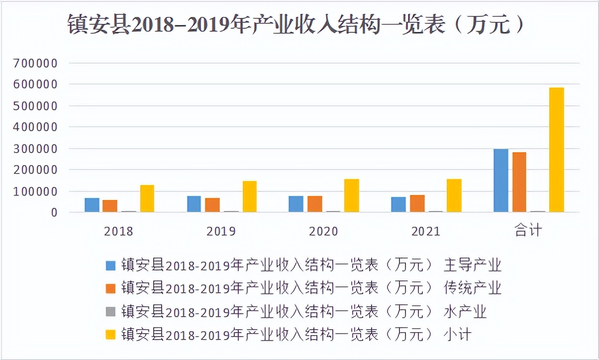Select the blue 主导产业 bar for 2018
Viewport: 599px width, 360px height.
point(92,205)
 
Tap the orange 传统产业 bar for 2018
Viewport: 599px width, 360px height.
point(110,206)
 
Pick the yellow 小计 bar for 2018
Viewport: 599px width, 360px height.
point(147,198)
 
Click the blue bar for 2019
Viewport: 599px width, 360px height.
point(194,204)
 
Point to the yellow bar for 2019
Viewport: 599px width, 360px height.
point(249,196)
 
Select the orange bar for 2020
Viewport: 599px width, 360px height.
point(314,204)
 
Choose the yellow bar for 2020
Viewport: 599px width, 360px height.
point(351,195)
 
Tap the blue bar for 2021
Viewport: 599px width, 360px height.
point(398,204)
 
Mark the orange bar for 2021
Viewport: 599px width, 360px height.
point(417,203)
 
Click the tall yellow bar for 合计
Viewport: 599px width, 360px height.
point(556,150)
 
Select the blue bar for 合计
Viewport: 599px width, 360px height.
point(500,180)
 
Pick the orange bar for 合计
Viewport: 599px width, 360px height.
point(519,182)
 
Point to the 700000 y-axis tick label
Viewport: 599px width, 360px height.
point(37,64)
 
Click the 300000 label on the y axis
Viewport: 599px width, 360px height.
point(37,149)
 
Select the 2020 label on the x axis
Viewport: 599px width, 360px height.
point(323,231)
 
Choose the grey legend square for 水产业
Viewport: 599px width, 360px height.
point(110,312)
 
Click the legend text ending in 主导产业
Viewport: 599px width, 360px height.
point(310,265)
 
